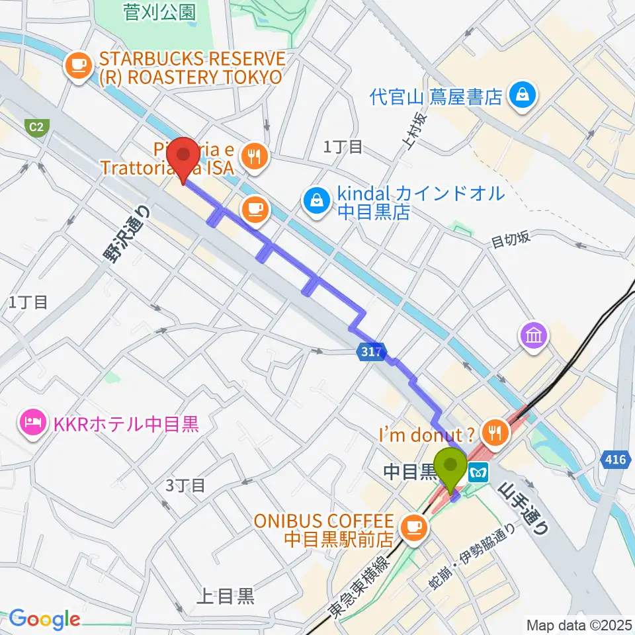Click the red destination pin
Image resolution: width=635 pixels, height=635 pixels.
click(183, 157)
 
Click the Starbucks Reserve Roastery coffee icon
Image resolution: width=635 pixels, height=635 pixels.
click(78, 64)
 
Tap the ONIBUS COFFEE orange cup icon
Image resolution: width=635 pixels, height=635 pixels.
click(415, 526)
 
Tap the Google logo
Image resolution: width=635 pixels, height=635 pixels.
click(44, 620)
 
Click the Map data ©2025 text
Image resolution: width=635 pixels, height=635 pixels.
click(578, 624)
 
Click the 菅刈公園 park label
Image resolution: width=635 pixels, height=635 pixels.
click(160, 11)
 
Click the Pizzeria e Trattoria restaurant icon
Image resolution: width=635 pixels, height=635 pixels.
click(255, 157)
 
